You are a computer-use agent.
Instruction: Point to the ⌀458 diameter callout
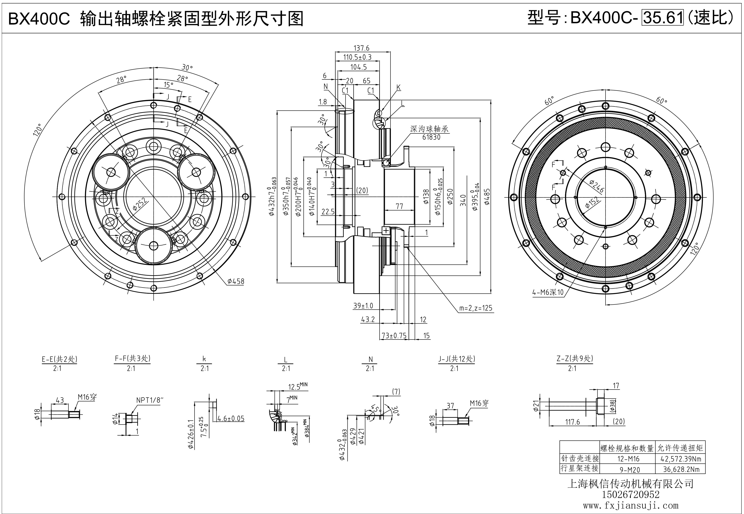coord(236,281)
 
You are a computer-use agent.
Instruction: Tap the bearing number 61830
coord(431,137)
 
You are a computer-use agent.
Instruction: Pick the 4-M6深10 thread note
coord(548,292)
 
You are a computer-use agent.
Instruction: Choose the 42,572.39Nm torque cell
coord(680,459)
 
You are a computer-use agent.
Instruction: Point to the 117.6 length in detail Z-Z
coord(572,422)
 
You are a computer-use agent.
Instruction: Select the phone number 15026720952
coord(631,494)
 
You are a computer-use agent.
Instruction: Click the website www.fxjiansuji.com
coord(631,506)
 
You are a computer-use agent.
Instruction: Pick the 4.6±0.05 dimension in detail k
coord(231,419)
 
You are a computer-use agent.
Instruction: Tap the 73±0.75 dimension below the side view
coord(394,336)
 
